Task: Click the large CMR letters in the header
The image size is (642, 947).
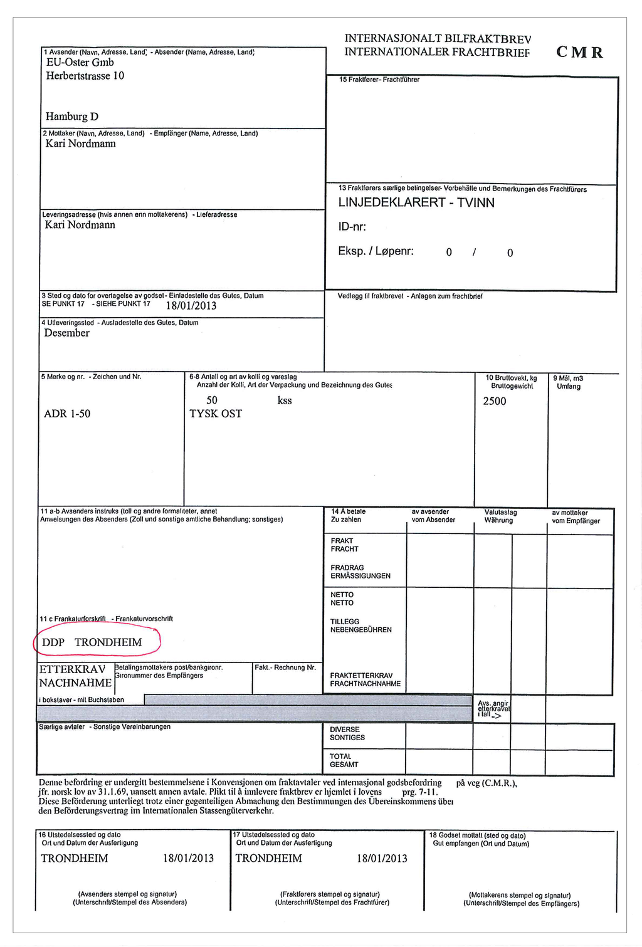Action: tap(579, 52)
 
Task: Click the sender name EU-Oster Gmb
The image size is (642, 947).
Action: tap(80, 62)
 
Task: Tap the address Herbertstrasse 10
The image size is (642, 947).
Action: tap(85, 76)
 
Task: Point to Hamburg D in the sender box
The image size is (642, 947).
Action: tap(71, 117)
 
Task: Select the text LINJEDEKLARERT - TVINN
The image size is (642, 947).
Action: tap(416, 202)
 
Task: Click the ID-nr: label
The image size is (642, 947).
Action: tap(352, 227)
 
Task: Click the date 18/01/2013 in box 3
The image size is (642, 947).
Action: tap(191, 306)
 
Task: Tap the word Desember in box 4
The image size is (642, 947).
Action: tap(66, 333)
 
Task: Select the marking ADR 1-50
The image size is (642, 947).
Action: tap(67, 414)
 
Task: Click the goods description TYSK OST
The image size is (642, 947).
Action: tap(215, 414)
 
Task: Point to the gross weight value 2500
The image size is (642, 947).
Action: tap(494, 401)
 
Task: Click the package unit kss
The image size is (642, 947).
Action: tap(285, 400)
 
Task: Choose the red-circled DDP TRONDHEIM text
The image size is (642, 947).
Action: tap(92, 642)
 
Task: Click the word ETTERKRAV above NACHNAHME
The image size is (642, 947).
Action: tap(72, 669)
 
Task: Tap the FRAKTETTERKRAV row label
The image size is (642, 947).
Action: tap(364, 676)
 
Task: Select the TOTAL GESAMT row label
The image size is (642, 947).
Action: tap(344, 760)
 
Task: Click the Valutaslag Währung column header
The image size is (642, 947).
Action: tap(500, 516)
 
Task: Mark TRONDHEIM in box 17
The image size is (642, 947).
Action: tap(268, 858)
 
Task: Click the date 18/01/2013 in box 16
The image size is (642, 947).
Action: tap(188, 858)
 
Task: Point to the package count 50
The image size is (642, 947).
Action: tap(212, 400)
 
